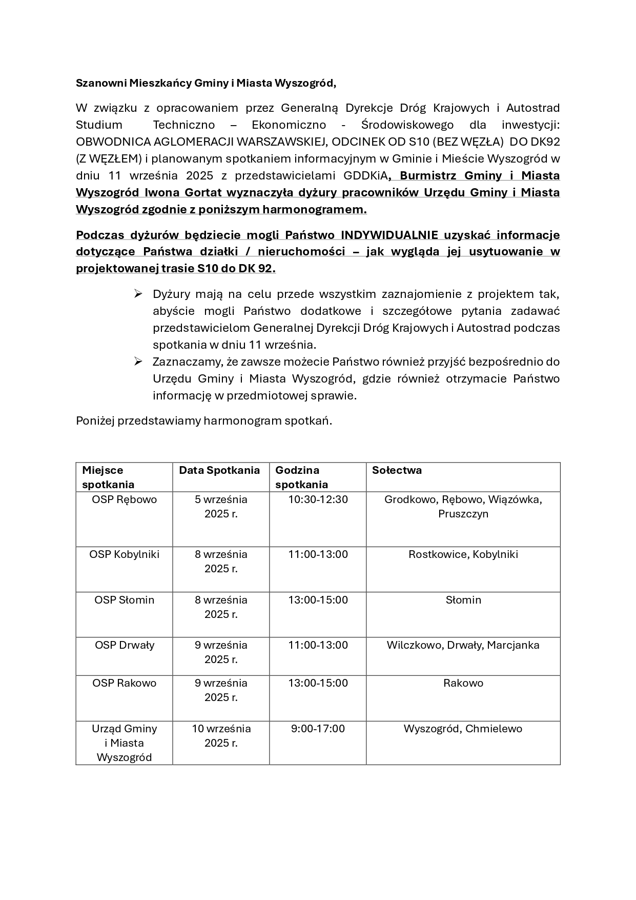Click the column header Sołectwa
[397, 470]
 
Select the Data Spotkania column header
[219, 470]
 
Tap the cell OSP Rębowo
[125, 499]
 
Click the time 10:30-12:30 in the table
[318, 499]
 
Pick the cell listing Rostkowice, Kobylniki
[463, 554]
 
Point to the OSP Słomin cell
[125, 600]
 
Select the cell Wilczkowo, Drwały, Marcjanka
[463, 645]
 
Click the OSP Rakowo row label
[125, 683]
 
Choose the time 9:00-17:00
[318, 729]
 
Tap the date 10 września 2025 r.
[221, 735]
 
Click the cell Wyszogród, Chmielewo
[463, 729]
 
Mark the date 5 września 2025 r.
[221, 507]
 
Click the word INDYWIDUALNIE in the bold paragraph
[389, 235]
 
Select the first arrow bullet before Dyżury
[138, 293]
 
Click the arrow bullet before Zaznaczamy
[138, 362]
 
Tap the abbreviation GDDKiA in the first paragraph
[365, 176]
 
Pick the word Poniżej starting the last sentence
[95, 421]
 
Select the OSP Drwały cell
[125, 645]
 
